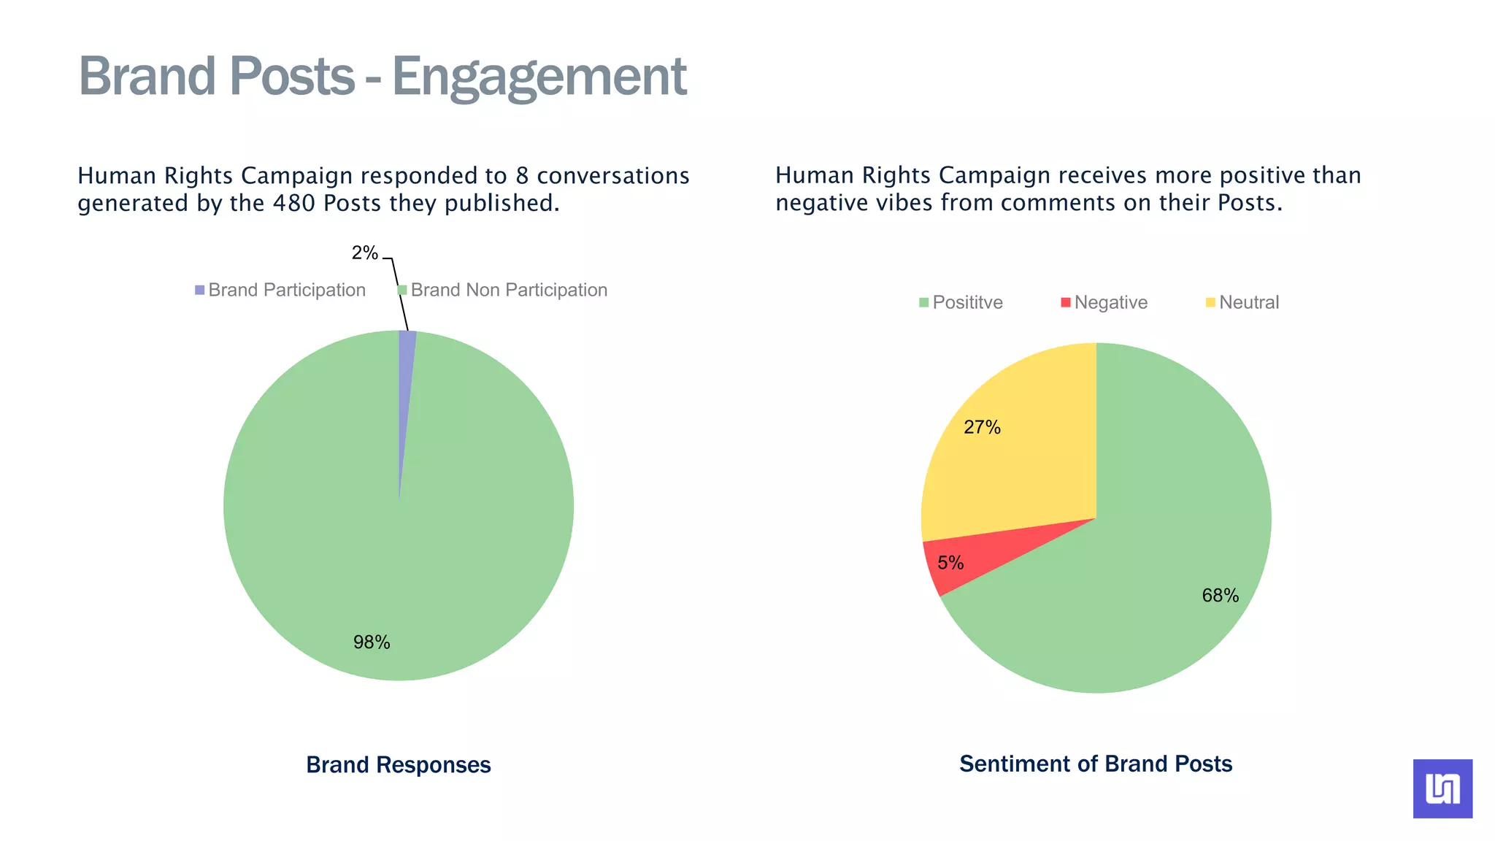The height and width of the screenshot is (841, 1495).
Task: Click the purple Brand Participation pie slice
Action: [x=406, y=365]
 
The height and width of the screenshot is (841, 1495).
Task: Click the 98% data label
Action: [x=372, y=642]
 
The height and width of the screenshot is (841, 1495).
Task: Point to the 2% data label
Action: [x=364, y=253]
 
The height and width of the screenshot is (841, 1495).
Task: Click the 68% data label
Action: [x=1220, y=596]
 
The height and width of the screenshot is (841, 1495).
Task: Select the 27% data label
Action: [x=982, y=428]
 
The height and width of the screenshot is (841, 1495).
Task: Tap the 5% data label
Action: [x=950, y=563]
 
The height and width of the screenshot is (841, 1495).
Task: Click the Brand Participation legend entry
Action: [x=280, y=291]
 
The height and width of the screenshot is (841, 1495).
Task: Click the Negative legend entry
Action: [x=1104, y=303]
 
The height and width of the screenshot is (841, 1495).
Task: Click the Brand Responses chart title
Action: [x=399, y=765]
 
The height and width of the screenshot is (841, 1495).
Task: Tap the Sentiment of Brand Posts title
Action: [x=1095, y=764]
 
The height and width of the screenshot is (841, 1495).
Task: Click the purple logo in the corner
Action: [x=1442, y=788]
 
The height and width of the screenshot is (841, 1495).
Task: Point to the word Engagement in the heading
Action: [x=539, y=77]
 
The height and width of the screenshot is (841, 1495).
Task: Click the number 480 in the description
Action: [x=294, y=203]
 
